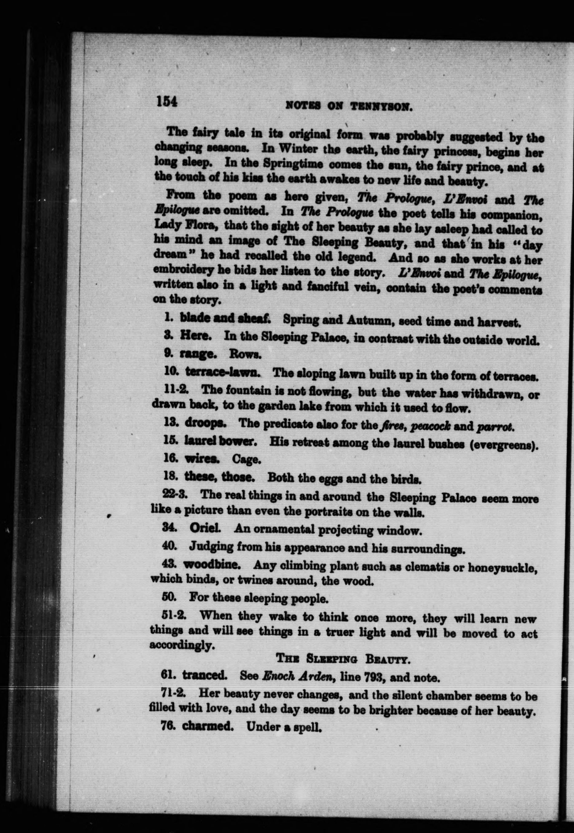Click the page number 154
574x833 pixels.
pos(167,102)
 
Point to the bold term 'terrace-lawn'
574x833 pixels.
pos(223,372)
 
